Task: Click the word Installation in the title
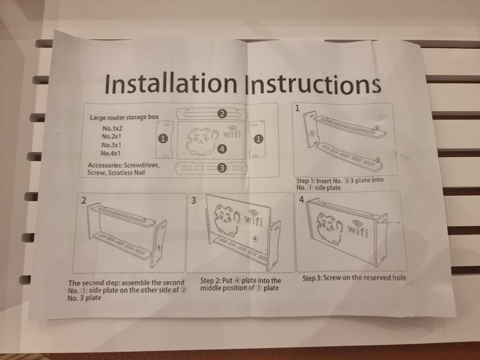point(171,83)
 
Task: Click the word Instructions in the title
point(313,84)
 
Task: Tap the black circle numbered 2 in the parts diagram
point(222,114)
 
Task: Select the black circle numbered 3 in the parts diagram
point(222,168)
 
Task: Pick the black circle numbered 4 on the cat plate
point(221,149)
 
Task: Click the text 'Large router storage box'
point(124,117)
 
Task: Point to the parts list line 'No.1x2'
point(112,128)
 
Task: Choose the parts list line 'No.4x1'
point(110,153)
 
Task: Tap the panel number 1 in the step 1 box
point(297,108)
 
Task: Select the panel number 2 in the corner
point(83,200)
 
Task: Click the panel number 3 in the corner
point(193,200)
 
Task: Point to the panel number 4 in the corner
point(301,199)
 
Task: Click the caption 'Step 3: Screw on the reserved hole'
point(354,277)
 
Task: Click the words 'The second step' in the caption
point(94,282)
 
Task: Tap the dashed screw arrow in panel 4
point(388,223)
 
